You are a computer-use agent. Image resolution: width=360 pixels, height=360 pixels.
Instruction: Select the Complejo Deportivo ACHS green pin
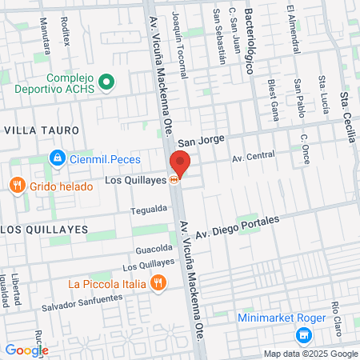click(110, 82)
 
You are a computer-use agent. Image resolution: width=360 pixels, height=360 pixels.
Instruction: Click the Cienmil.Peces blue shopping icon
click(56, 158)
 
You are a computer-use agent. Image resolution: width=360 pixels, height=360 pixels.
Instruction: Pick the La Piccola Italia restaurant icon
click(159, 282)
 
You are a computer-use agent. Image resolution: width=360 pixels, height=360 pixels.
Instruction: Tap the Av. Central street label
click(253, 155)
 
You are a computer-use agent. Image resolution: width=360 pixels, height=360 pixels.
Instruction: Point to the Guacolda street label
click(154, 249)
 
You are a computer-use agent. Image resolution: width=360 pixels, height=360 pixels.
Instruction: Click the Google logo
click(26, 350)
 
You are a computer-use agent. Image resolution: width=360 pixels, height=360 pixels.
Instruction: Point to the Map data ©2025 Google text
click(311, 354)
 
